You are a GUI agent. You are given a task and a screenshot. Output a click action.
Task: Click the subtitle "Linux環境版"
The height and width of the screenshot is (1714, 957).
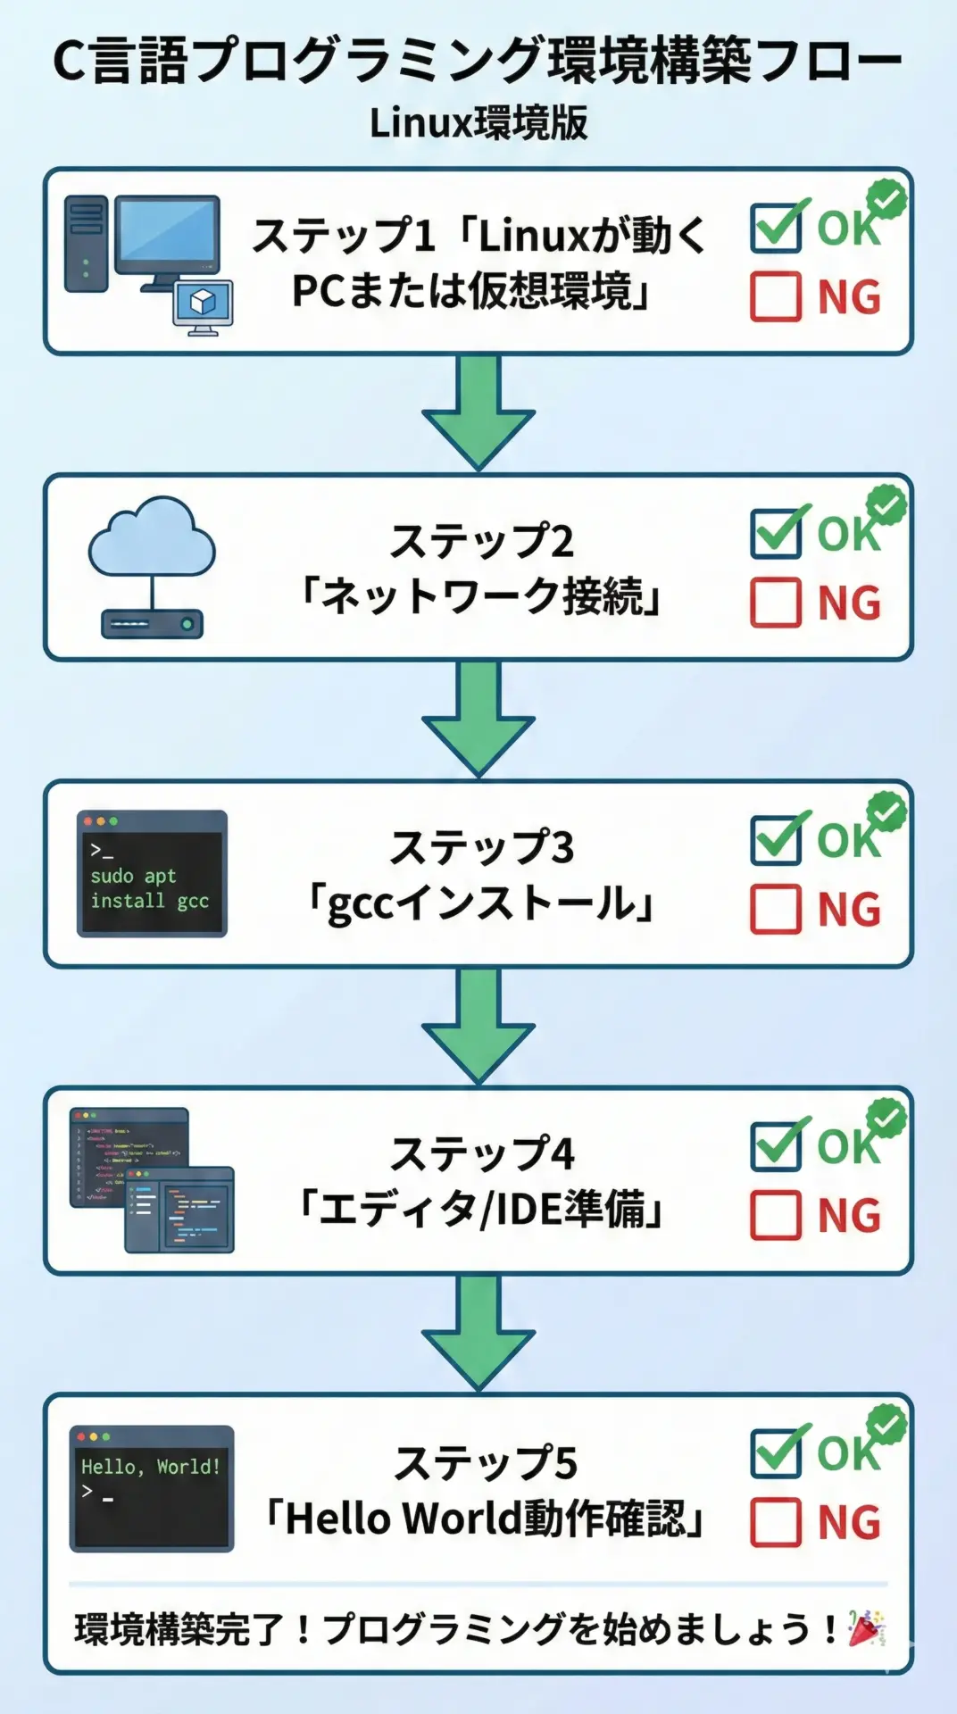pos(478,123)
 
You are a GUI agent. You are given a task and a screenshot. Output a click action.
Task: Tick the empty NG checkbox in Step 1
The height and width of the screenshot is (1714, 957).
pos(775,296)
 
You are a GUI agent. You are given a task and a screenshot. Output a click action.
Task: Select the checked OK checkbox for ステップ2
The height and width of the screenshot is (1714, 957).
pos(775,534)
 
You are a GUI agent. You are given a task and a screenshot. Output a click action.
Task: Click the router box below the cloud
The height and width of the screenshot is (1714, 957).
pos(152,623)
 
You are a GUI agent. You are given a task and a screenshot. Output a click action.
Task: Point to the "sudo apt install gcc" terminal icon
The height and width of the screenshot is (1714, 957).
pos(152,874)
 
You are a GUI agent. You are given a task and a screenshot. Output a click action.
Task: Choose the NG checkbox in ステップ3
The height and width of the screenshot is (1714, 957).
pos(775,909)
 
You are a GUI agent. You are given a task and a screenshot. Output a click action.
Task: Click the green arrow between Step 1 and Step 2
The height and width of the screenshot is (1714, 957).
pos(478,412)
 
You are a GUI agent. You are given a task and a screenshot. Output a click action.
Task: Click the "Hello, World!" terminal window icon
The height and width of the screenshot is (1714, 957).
pos(152,1488)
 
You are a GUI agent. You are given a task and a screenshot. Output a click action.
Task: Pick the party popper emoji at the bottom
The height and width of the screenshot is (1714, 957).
pos(865,1628)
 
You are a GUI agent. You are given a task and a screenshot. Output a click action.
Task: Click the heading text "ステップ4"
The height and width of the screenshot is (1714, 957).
pos(482,1153)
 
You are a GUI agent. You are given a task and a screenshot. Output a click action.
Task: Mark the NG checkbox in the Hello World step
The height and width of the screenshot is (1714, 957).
pos(775,1522)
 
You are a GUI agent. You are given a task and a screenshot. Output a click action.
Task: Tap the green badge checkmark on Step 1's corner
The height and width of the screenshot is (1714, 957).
pos(886,199)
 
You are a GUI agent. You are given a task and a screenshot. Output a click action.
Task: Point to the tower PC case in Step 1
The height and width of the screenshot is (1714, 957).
pos(87,243)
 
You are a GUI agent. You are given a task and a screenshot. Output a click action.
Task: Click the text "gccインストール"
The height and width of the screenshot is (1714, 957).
pos(482,903)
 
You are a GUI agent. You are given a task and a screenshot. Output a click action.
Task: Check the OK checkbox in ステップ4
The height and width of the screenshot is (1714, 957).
pos(775,1146)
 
